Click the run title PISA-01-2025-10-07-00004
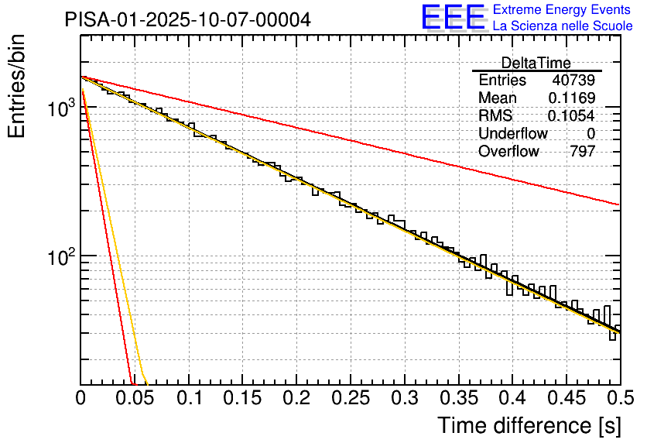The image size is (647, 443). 188,19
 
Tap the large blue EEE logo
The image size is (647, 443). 453,17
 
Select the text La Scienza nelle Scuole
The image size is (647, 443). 563,26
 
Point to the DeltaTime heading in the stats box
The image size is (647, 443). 536,63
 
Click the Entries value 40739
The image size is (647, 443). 573,81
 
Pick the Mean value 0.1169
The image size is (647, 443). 572,98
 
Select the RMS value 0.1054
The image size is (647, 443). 572,115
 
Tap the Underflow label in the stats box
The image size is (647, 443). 513,133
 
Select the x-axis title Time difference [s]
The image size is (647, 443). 526,425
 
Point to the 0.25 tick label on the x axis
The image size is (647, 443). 351,399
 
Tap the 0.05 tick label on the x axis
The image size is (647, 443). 135,399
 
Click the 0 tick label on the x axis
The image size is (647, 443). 81,399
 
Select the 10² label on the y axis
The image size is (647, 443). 56,256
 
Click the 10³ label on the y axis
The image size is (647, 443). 56,110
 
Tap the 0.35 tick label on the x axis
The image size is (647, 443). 459,399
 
